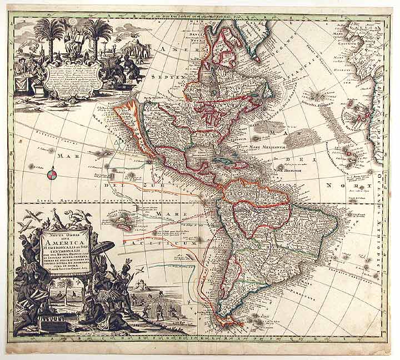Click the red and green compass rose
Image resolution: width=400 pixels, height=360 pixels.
[51, 176]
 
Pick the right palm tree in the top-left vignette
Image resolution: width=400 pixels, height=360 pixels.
[98, 33]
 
